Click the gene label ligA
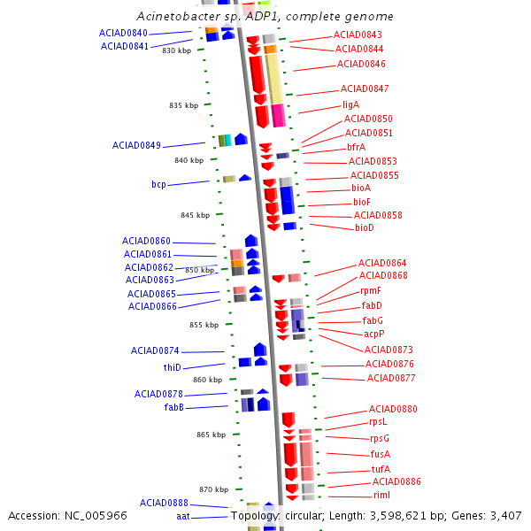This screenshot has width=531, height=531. click(351, 104)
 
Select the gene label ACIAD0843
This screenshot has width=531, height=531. click(358, 35)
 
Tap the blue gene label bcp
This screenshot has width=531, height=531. click(158, 184)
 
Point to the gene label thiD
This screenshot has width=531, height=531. click(172, 367)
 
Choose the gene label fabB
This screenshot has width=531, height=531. click(173, 407)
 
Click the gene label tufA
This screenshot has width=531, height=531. click(381, 469)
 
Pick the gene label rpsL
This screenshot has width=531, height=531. click(379, 422)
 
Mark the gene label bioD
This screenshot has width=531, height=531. click(365, 227)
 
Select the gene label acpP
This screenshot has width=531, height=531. click(374, 334)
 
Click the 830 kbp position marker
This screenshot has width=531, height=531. click(176, 50)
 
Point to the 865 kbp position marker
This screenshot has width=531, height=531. click(212, 435)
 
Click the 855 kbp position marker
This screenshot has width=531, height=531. click(204, 325)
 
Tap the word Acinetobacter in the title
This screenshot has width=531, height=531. click(174, 17)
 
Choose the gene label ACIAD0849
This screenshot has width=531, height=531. click(136, 145)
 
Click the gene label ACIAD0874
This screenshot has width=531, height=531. click(155, 350)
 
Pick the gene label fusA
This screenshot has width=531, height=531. click(381, 454)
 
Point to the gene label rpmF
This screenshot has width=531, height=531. click(371, 290)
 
